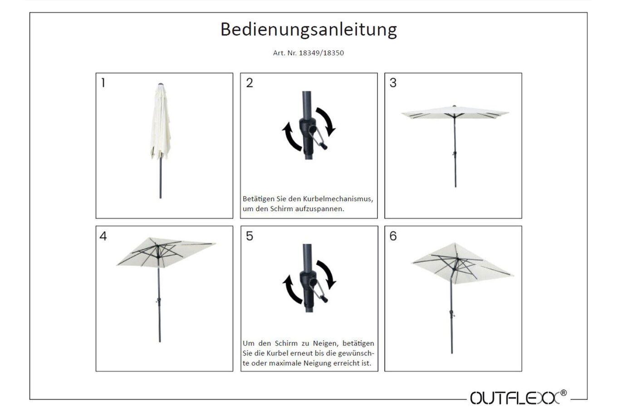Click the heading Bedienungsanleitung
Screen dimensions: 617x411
pyautogui.click(x=308, y=30)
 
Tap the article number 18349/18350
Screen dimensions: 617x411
pyautogui.click(x=321, y=53)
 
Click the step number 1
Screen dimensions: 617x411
pyautogui.click(x=103, y=82)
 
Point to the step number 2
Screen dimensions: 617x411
pyautogui.click(x=250, y=83)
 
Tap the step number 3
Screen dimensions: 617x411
pyautogui.click(x=393, y=83)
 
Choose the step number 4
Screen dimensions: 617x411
pyautogui.click(x=103, y=236)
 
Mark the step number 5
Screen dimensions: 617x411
pyautogui.click(x=250, y=236)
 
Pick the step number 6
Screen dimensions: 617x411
pyautogui.click(x=393, y=236)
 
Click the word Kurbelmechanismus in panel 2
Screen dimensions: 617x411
pyautogui.click(x=338, y=198)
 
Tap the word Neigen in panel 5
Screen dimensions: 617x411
pyautogui.click(x=324, y=343)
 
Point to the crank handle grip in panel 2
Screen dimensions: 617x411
pyautogui.click(x=324, y=146)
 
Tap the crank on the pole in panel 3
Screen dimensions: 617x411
pyautogui.click(x=455, y=154)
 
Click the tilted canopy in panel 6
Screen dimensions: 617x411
pyautogui.click(x=463, y=263)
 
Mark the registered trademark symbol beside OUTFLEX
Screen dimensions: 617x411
pyautogui.click(x=563, y=393)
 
